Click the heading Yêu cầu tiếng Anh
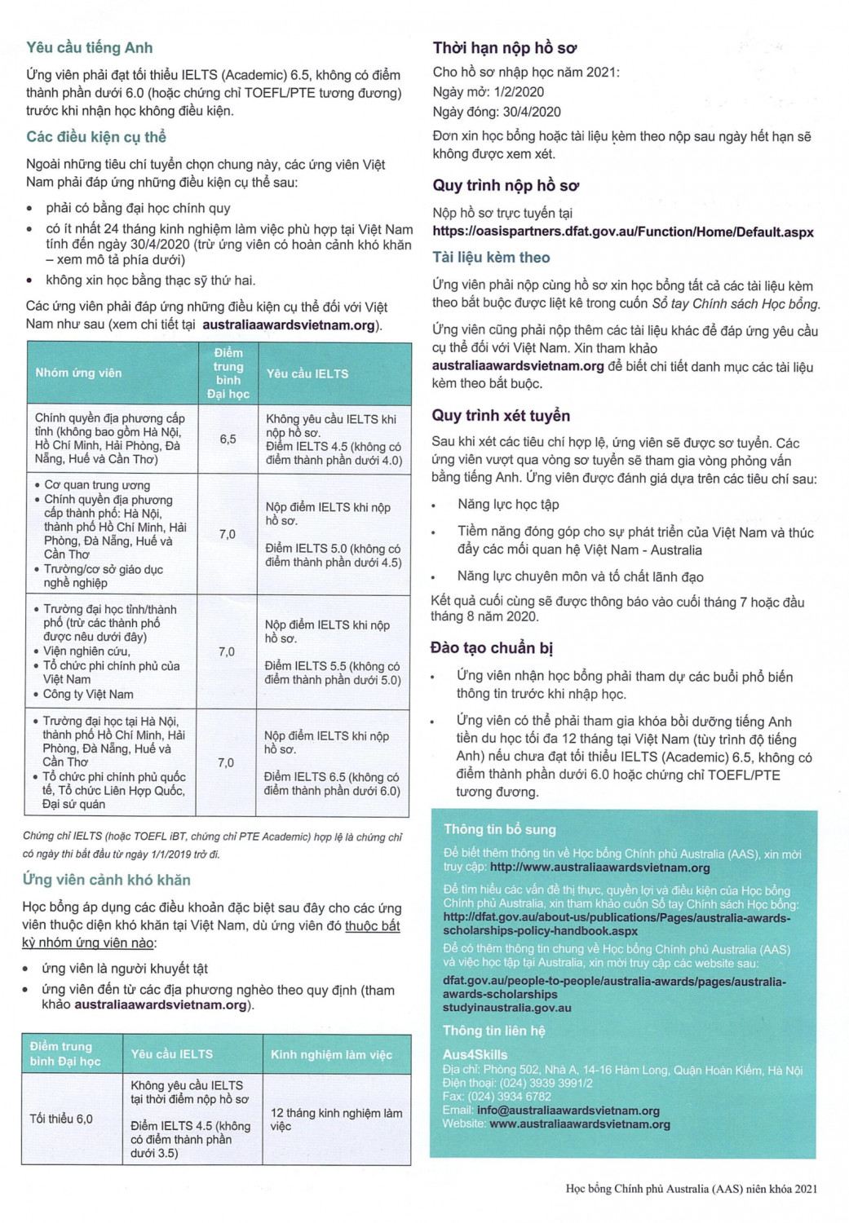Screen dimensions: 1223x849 click(89, 47)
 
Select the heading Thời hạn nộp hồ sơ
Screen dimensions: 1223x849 click(505, 47)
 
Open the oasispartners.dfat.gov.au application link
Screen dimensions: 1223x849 click(622, 232)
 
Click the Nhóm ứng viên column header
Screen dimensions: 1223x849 click(78, 373)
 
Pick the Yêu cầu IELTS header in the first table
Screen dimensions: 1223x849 click(307, 373)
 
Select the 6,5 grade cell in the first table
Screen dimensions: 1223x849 click(228, 439)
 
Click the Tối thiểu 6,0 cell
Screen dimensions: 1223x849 click(61, 1119)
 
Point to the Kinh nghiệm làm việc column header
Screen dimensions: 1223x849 click(331, 1054)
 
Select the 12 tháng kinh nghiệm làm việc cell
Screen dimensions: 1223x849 click(336, 1119)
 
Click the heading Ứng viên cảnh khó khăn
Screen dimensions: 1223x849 click(106, 880)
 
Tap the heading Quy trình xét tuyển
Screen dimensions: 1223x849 click(501, 415)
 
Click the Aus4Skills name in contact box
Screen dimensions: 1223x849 click(475, 1054)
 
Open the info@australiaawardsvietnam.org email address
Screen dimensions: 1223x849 click(568, 1110)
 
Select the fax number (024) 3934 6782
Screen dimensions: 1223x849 click(510, 1097)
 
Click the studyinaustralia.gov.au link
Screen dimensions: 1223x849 click(507, 1008)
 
